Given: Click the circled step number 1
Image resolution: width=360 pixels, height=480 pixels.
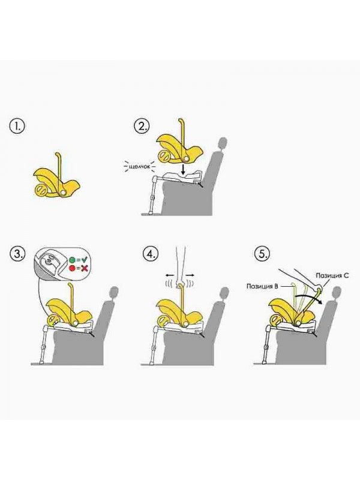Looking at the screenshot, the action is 17,126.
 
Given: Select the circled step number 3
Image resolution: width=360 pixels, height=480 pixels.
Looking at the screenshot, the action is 17,254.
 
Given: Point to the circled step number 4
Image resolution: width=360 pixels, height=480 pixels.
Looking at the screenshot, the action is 151,254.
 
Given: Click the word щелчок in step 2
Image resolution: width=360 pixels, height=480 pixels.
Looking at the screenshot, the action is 139,167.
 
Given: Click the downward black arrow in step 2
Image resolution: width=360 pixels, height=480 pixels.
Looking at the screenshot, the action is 183,169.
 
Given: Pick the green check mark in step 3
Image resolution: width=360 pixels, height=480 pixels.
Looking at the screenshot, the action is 84,260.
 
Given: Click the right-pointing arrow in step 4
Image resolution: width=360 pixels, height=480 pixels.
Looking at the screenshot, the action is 190,275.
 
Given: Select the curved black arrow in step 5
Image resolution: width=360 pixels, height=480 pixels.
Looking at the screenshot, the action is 306,296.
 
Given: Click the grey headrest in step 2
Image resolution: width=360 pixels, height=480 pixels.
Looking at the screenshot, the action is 223,143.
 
